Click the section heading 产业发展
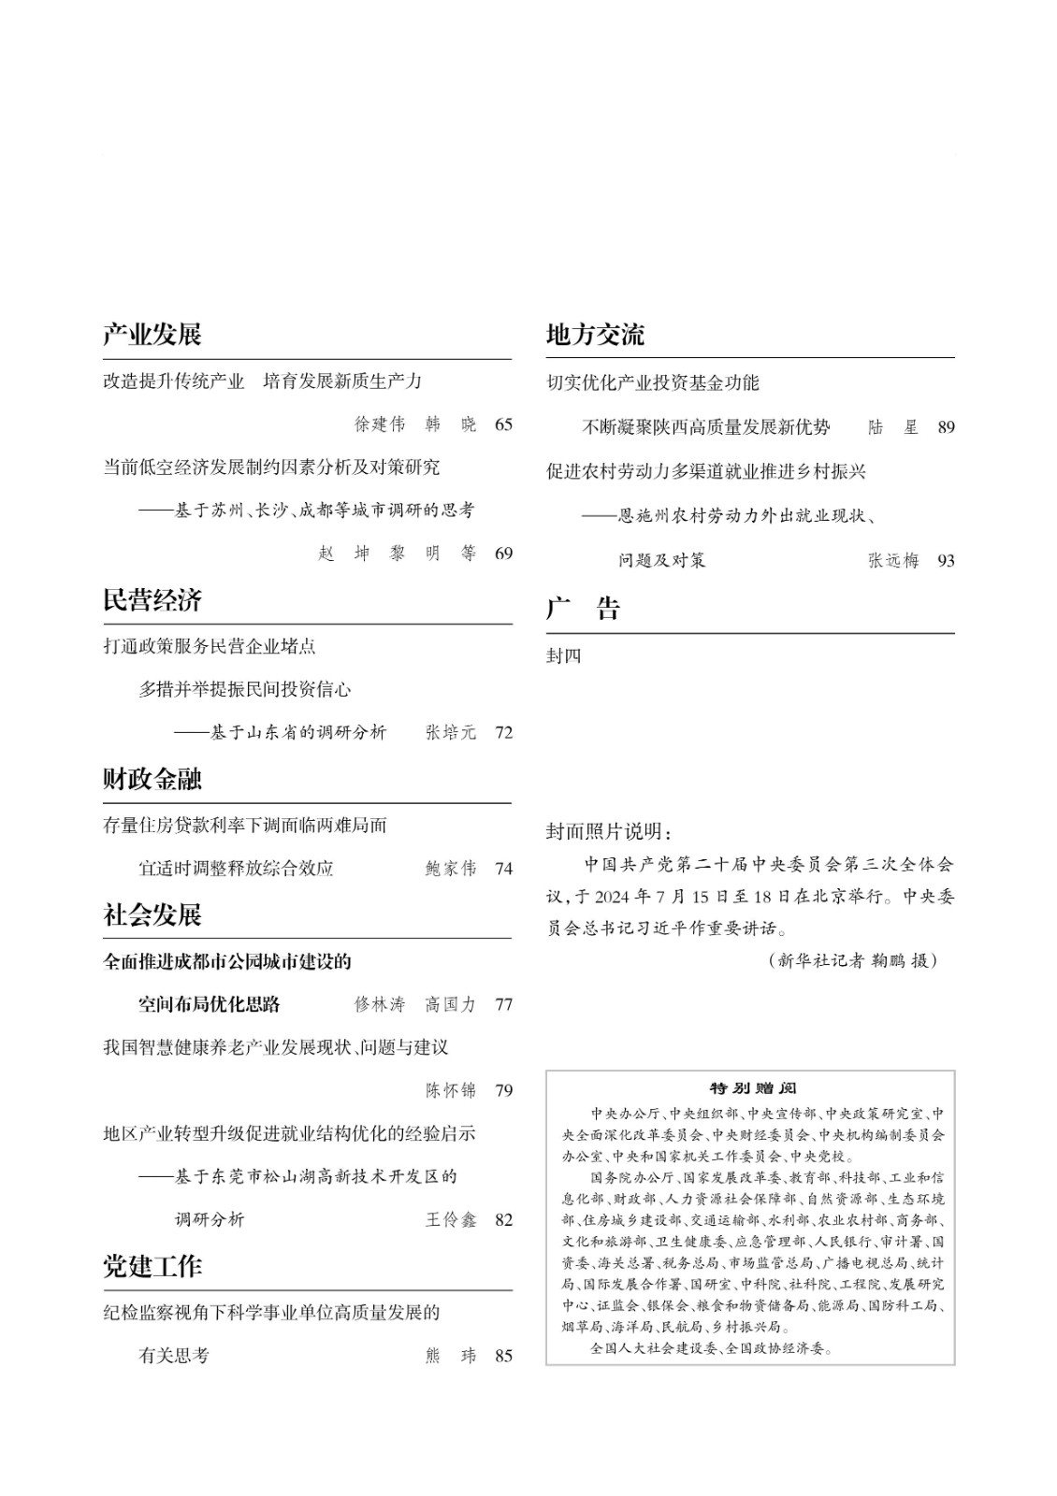pos(152,335)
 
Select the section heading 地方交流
pos(595,335)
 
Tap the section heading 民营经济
pos(152,600)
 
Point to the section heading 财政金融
pos(152,779)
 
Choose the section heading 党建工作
pos(152,1266)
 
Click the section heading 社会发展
pos(152,914)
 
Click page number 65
pos(503,424)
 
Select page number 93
pos(946,560)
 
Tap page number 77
pos(503,1004)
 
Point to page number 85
pos(503,1356)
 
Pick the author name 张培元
pos(451,732)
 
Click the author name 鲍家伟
pos(451,869)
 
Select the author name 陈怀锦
pos(451,1090)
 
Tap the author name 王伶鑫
pos(451,1219)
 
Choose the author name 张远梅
pos(893,560)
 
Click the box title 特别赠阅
pos(752,1088)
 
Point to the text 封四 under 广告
pos(563,656)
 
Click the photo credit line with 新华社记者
pos(851,960)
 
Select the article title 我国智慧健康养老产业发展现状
pos(276,1047)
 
